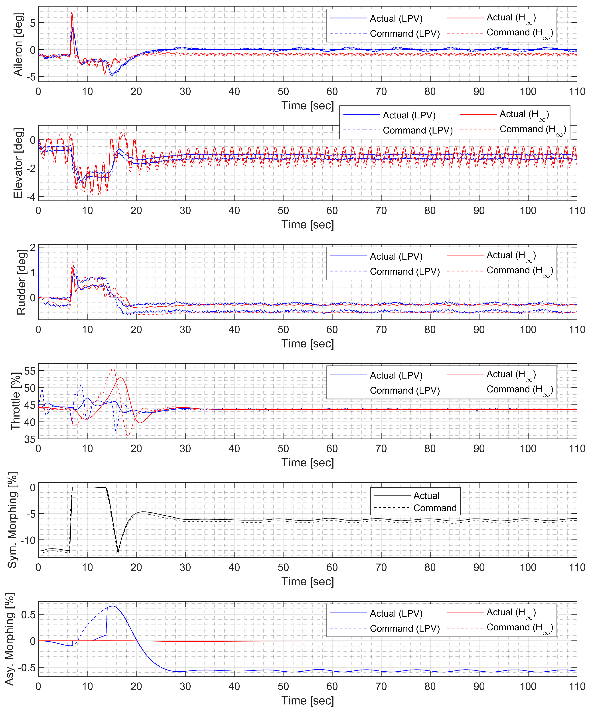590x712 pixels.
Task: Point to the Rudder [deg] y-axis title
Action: click(21, 282)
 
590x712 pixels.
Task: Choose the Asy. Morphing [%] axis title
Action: click(10, 639)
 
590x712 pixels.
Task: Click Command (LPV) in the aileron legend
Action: click(405, 34)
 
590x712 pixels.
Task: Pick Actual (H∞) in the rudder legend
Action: click(511, 256)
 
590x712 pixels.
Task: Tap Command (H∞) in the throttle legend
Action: click(519, 390)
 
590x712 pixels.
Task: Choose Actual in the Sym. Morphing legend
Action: click(426, 495)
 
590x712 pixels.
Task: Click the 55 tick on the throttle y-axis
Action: click(30, 371)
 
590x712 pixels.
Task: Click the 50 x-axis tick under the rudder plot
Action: click(283, 329)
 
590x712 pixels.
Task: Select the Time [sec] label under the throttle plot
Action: click(308, 463)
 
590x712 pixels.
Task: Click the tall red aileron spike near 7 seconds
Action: click(72, 14)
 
